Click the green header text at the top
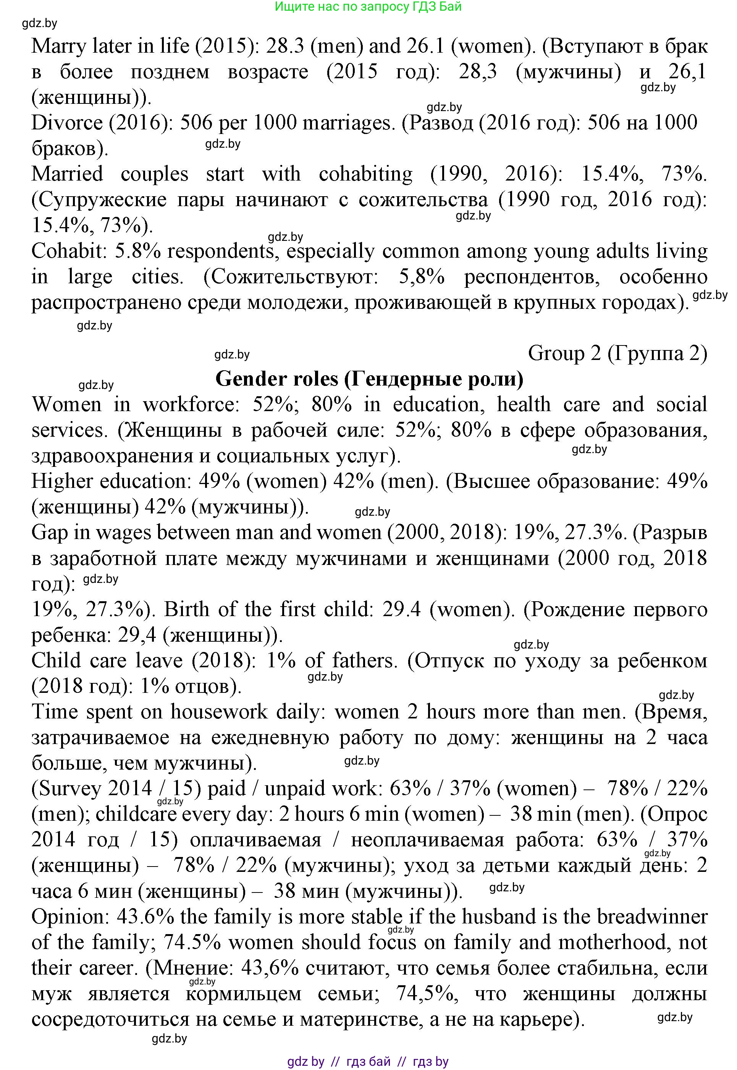tap(368, 6)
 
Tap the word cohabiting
tap(366, 174)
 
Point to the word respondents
tap(221, 251)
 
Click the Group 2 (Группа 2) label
tap(617, 353)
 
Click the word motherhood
tap(614, 942)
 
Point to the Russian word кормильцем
tap(243, 993)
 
